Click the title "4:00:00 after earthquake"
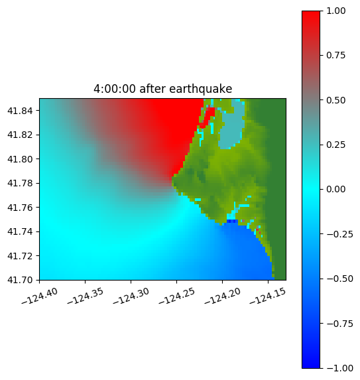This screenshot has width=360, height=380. (x=163, y=89)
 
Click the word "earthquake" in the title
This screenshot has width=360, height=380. (x=201, y=89)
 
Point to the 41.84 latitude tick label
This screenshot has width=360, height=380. (x=20, y=111)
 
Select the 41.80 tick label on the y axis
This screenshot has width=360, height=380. (x=20, y=159)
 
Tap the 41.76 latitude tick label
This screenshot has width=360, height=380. (x=20, y=208)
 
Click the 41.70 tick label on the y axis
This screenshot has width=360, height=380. (x=20, y=280)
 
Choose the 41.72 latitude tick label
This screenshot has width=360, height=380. (x=20, y=256)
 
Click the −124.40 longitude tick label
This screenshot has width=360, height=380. (x=40, y=296)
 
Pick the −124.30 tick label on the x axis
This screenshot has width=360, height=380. (x=131, y=296)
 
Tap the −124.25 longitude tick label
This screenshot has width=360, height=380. (x=176, y=296)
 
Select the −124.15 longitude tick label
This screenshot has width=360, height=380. (x=268, y=296)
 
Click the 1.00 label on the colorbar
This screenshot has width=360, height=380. (x=335, y=11)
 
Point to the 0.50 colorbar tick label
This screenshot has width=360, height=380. (x=335, y=100)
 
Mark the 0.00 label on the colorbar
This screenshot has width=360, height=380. (x=335, y=189)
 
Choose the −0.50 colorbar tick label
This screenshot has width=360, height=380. (x=339, y=279)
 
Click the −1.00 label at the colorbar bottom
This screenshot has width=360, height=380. (x=339, y=368)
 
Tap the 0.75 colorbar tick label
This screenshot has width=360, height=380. (x=335, y=56)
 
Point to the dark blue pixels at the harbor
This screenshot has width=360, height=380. (x=231, y=222)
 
